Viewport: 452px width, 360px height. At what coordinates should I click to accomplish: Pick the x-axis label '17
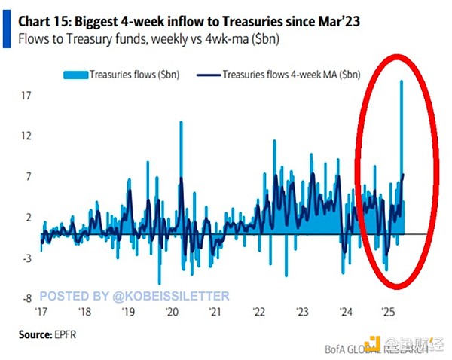click(42, 311)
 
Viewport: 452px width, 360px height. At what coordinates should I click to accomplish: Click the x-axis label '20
click(172, 311)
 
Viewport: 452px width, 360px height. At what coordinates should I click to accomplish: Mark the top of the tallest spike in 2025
click(402, 81)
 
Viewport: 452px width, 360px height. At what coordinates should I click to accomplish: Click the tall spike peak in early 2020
click(180, 121)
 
